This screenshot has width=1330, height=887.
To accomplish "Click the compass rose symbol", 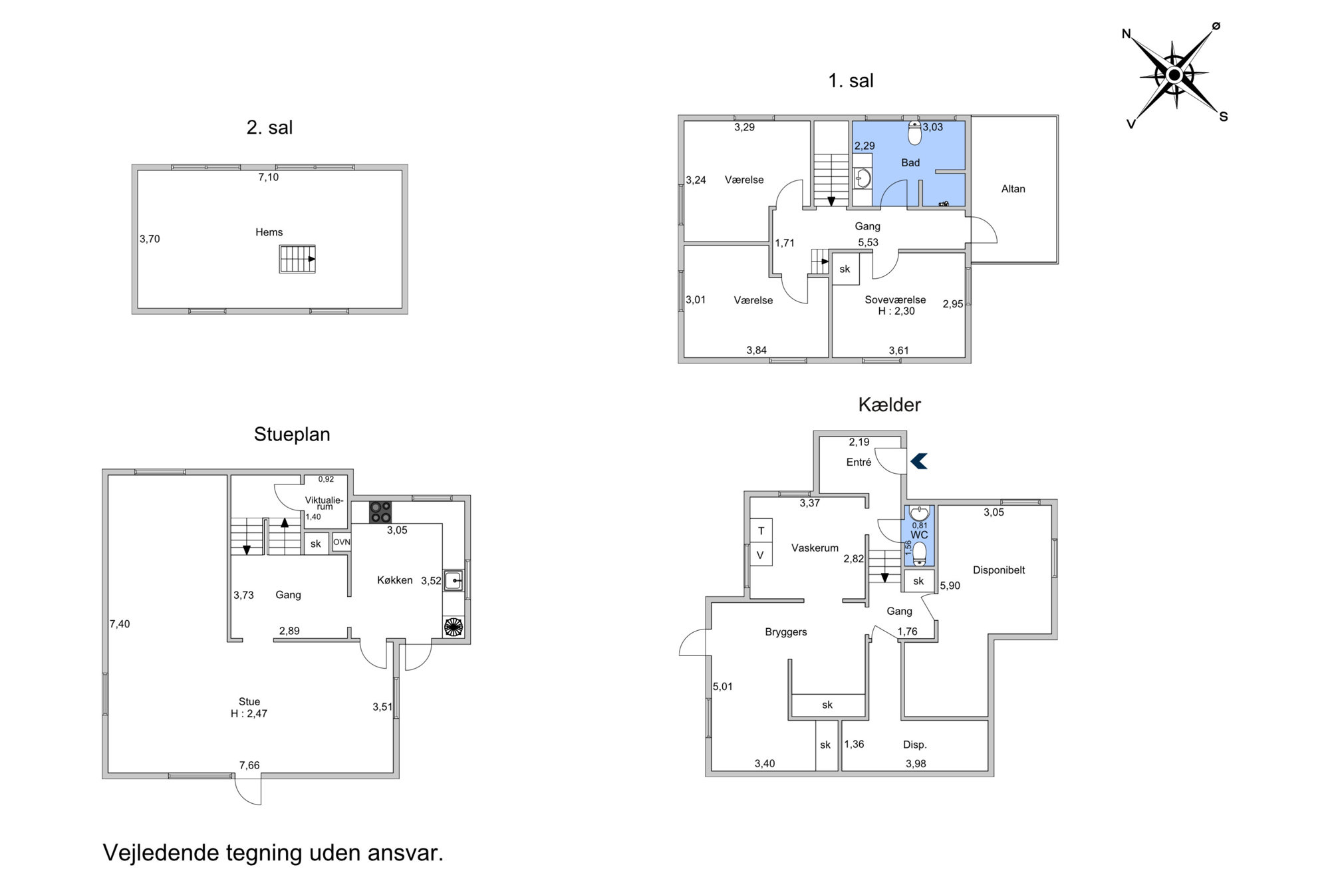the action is tap(1175, 75).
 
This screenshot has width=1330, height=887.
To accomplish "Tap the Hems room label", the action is tap(269, 232).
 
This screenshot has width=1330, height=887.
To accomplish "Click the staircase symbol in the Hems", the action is tap(297, 259).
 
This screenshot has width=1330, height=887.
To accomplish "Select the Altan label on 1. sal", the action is tap(1013, 189).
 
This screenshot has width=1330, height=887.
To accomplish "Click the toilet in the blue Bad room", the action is tap(915, 133).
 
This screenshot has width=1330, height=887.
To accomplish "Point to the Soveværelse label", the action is tap(895, 300).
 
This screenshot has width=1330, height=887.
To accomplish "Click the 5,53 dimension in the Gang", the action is tap(868, 243).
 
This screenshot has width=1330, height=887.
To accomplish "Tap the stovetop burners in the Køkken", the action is tap(381, 512).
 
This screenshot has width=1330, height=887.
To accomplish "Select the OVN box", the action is tap(342, 542).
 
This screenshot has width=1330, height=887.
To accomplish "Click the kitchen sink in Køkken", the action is tap(454, 581).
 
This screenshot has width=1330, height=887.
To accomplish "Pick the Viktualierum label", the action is tap(325, 503).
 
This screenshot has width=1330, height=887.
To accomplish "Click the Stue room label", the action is tap(249, 701).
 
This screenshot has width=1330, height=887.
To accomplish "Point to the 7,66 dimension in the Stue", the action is tap(249, 765).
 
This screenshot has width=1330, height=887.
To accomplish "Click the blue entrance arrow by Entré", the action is tap(918, 461).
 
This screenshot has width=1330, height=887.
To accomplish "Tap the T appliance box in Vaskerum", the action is tap(761, 530).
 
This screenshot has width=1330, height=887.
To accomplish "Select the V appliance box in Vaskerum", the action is tap(761, 554).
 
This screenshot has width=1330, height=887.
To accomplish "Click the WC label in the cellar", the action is tap(919, 535).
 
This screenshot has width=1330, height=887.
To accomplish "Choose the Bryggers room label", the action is tap(786, 632).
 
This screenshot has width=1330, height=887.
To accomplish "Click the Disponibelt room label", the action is tap(999, 570).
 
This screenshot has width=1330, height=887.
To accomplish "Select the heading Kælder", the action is tap(890, 405).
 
